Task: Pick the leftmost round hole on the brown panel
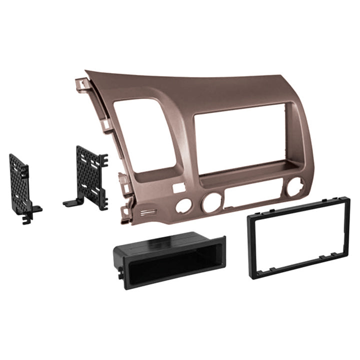184,205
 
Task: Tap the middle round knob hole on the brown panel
211,203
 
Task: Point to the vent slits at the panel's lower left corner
148,212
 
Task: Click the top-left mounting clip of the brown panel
80,83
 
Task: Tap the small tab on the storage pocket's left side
120,273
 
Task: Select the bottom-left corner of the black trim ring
255,274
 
